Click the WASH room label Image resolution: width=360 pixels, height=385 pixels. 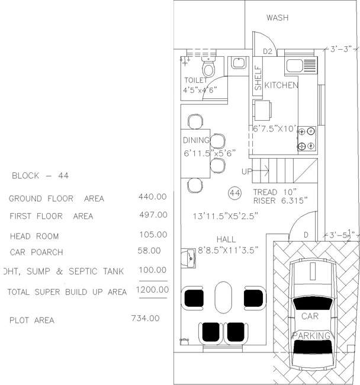tap(277, 18)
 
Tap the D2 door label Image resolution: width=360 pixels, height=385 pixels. tap(267, 52)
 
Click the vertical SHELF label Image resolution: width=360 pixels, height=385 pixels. tap(258, 78)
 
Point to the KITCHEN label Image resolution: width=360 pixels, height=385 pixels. tap(281, 85)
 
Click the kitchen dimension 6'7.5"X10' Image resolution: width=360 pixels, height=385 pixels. tap(273, 128)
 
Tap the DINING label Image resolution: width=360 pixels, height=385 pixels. tap(197, 140)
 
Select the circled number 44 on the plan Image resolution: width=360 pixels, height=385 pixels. tap(234, 192)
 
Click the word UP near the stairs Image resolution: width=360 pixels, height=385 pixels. tap(247, 172)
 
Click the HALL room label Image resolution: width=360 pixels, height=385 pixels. tap(226, 239)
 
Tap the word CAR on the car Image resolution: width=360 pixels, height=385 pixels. tap(310, 316)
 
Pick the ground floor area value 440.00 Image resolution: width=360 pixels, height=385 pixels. tap(152, 197)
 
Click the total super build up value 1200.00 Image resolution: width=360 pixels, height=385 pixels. tap(152, 290)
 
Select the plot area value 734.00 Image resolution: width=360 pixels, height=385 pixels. tap(145, 318)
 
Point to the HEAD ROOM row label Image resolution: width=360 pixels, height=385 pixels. tap(34, 236)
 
